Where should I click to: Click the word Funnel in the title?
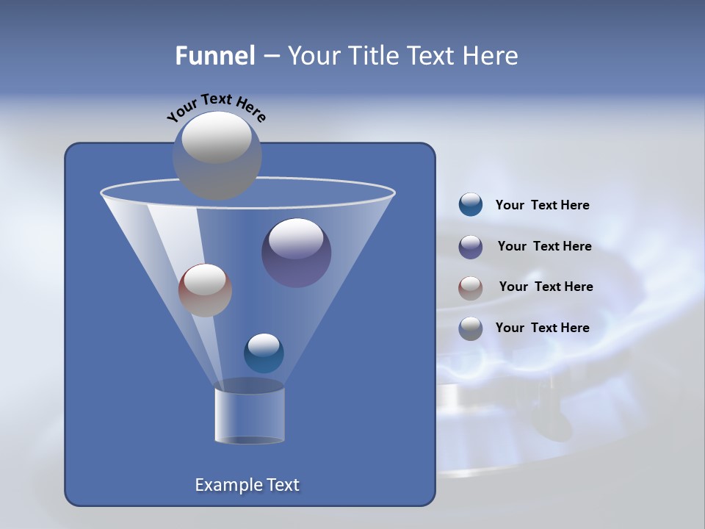[215, 56]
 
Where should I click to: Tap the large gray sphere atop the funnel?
[217, 156]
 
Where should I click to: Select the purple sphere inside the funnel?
[297, 253]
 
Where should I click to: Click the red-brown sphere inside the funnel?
[205, 290]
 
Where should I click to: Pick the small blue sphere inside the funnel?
[264, 353]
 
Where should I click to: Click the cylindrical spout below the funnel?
[250, 415]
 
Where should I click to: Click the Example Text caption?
[247, 485]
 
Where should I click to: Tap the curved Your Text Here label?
[217, 107]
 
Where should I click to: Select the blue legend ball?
[471, 205]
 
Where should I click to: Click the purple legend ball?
[471, 247]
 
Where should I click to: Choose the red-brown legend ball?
[471, 287]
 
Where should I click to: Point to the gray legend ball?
[471, 328]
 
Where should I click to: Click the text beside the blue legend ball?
[542, 206]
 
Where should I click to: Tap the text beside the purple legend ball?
[544, 247]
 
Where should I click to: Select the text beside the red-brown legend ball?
[546, 287]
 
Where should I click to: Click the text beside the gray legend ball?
[542, 328]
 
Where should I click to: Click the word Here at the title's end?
[491, 56]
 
